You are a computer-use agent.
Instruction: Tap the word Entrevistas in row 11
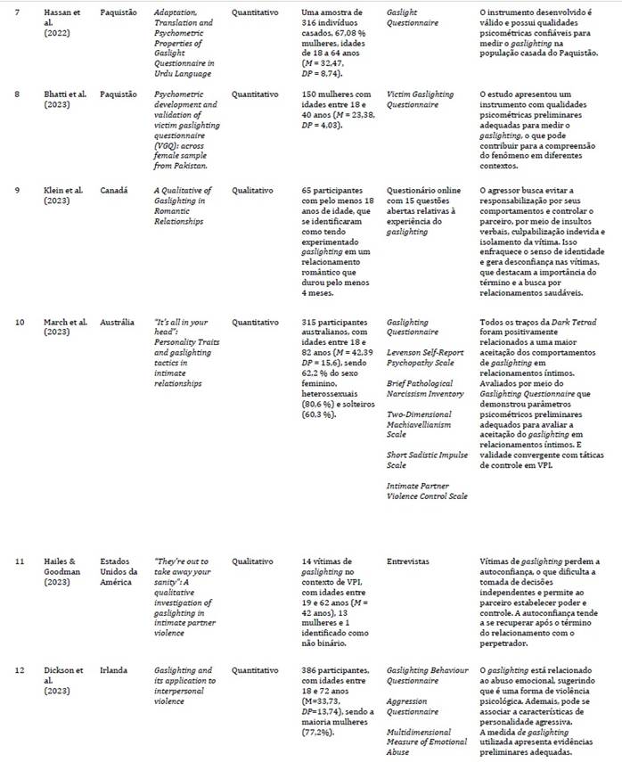(x=409, y=562)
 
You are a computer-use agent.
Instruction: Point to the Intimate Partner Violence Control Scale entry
(x=427, y=490)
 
